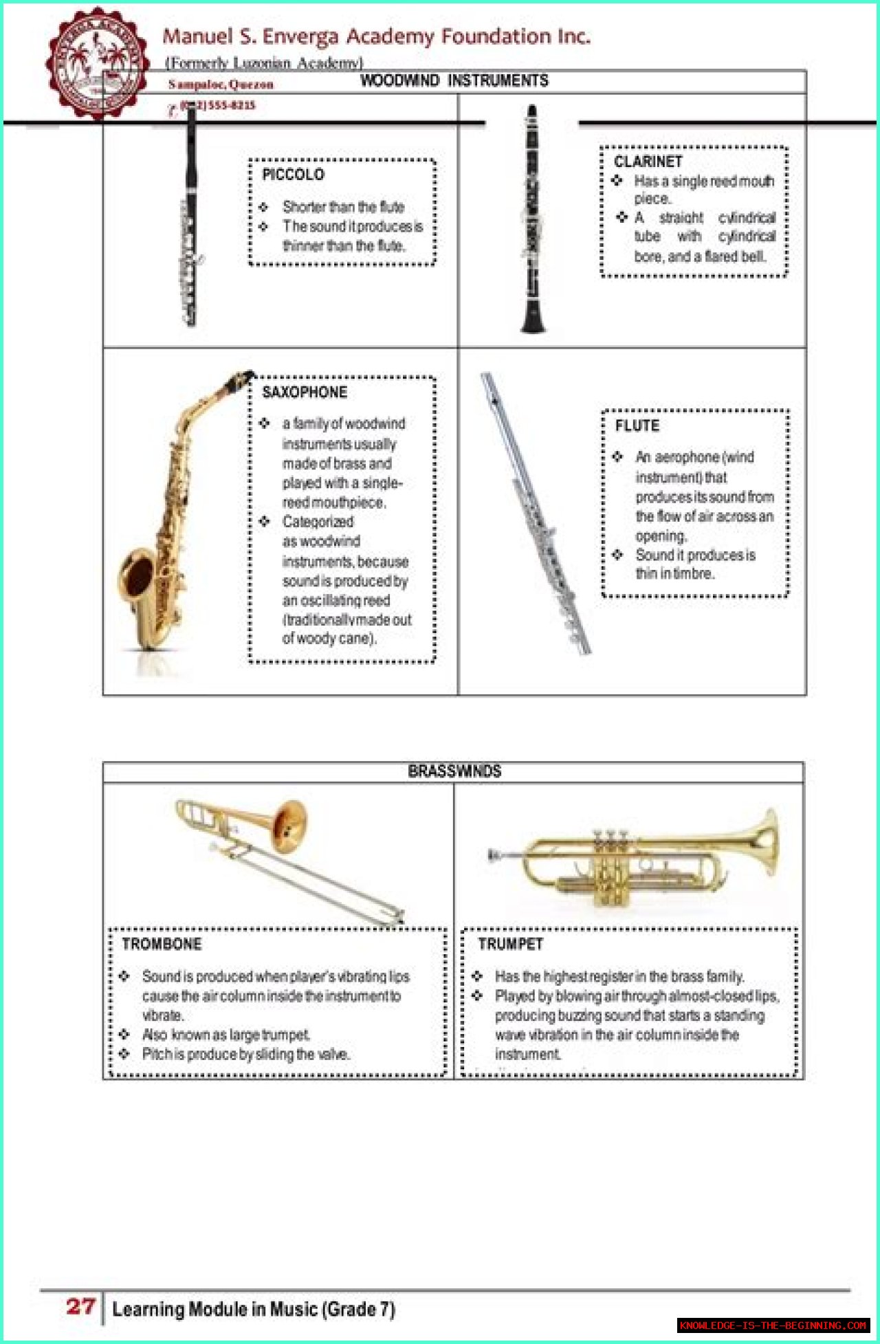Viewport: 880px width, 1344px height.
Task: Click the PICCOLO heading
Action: point(293,175)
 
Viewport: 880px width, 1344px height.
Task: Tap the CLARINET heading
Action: point(648,162)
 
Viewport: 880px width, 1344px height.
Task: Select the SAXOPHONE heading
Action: point(305,393)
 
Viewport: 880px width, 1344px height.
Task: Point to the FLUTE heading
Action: point(637,426)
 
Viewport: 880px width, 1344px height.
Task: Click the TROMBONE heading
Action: point(162,945)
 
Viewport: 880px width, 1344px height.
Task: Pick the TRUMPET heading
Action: point(510,945)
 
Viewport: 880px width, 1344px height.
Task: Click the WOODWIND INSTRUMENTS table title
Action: point(454,81)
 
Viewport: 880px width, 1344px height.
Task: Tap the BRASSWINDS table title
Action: point(454,771)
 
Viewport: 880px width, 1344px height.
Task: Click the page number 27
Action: point(80,1306)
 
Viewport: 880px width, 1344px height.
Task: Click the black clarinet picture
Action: point(532,220)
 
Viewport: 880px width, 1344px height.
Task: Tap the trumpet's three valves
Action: point(610,842)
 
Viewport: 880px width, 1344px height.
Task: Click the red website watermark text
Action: point(773,1325)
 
